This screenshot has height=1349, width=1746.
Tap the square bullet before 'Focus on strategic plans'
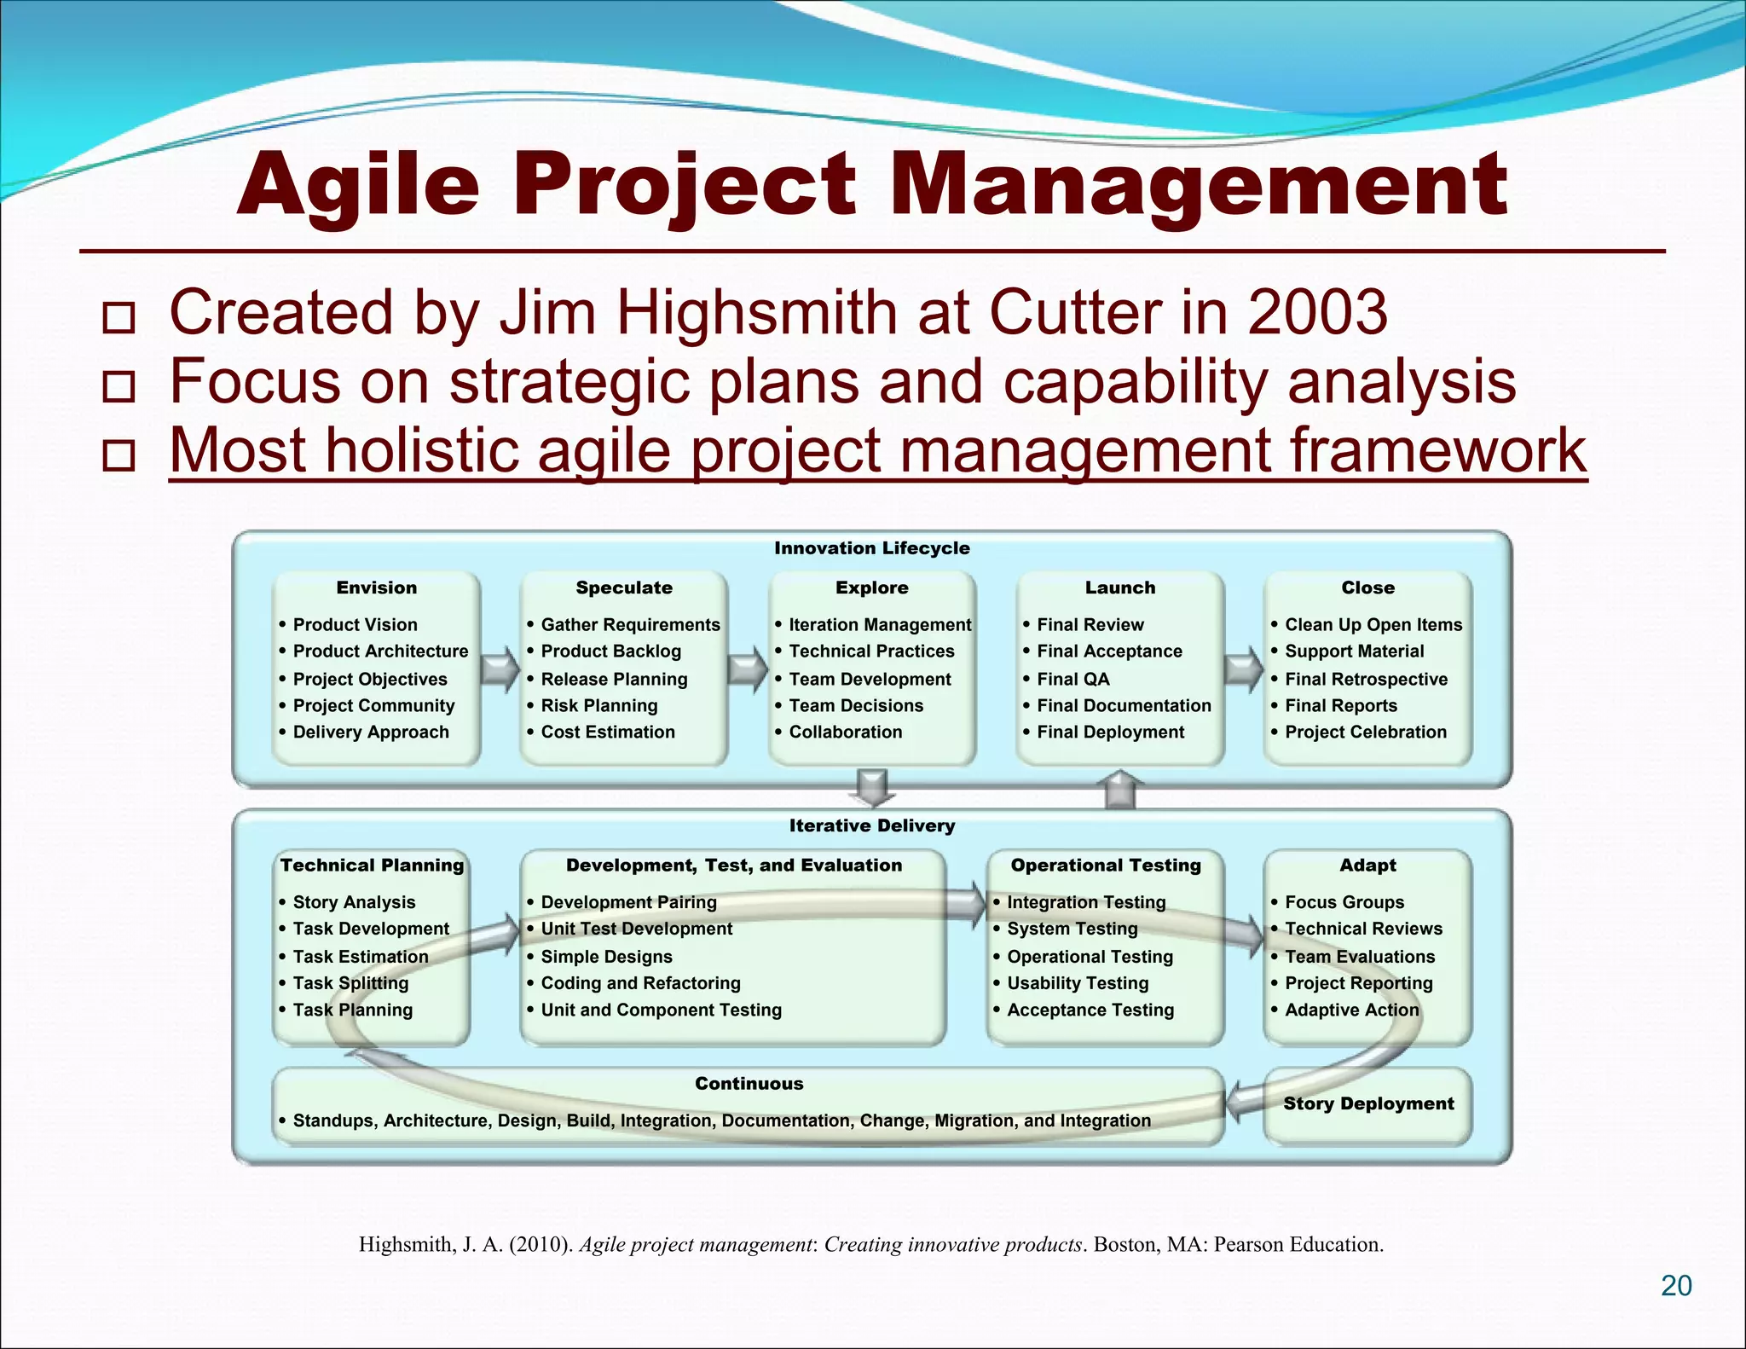[x=119, y=386]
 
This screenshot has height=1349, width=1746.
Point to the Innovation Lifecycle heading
[x=871, y=548]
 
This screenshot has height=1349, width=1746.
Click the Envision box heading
[x=376, y=588]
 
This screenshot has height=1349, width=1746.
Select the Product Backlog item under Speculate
[x=610, y=651]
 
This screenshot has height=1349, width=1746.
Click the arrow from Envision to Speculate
[x=500, y=669]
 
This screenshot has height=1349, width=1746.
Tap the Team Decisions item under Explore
[x=856, y=706]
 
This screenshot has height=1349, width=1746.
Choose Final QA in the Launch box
[x=1072, y=680]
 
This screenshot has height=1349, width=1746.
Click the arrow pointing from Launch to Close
[x=1243, y=669]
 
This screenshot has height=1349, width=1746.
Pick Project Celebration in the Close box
[x=1365, y=732]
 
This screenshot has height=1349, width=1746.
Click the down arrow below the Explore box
[x=872, y=787]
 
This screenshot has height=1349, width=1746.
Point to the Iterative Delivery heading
[x=871, y=825]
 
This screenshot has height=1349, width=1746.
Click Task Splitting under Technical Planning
[x=350, y=983]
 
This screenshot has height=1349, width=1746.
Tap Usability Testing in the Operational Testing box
[x=1078, y=983]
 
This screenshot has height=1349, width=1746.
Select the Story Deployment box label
[x=1368, y=1103]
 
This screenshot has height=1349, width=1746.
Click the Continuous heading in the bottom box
[x=749, y=1084]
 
